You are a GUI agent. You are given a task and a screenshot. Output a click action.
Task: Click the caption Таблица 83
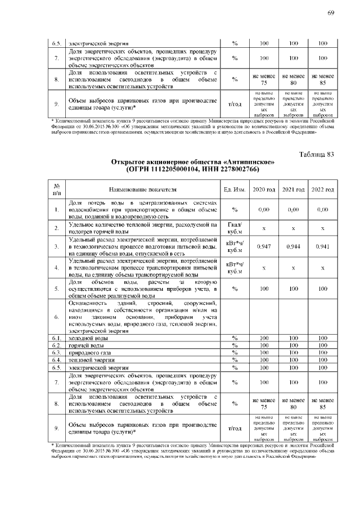(317, 155)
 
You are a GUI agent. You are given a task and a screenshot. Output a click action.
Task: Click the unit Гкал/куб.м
(235, 228)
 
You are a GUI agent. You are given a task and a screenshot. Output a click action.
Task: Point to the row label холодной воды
(85, 337)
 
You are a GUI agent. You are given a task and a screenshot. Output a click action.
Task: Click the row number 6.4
(56, 359)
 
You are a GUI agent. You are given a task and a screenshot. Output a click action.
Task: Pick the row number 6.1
(56, 337)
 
